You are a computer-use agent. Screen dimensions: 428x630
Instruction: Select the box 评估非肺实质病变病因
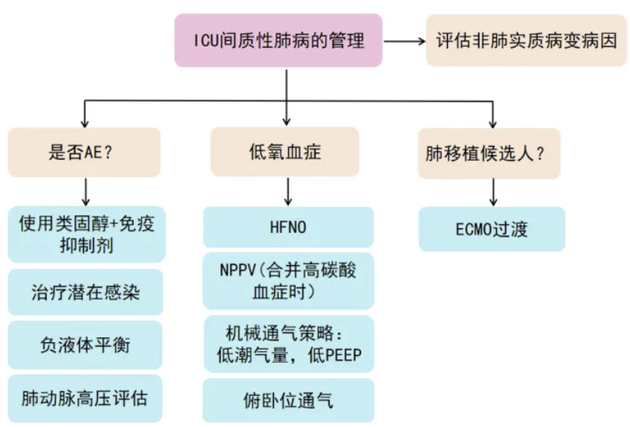click(x=526, y=40)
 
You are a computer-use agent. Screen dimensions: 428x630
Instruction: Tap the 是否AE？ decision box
click(x=85, y=152)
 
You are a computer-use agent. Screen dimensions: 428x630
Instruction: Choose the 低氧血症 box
click(x=286, y=152)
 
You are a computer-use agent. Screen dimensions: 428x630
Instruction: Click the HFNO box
click(x=288, y=227)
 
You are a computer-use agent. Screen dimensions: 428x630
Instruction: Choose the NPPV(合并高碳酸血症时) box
click(x=288, y=280)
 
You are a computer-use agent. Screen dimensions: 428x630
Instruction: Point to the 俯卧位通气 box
click(x=288, y=400)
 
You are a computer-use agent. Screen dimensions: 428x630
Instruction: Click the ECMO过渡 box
click(x=492, y=229)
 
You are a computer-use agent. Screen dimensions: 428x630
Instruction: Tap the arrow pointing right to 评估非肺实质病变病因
click(x=403, y=41)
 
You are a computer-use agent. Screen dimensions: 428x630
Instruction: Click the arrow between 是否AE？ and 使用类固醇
click(x=85, y=190)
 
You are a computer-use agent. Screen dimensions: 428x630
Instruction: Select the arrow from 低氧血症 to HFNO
click(x=287, y=191)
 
